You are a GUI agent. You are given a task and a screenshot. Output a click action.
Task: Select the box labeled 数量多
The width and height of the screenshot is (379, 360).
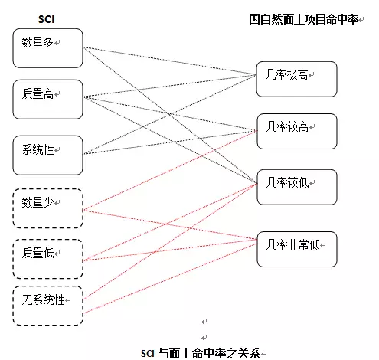47,48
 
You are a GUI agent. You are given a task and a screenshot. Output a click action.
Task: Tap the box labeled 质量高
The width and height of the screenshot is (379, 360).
47,99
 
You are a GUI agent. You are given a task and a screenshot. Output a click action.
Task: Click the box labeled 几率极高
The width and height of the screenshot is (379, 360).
296,79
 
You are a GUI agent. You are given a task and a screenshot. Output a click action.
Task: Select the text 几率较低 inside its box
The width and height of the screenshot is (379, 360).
286,182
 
